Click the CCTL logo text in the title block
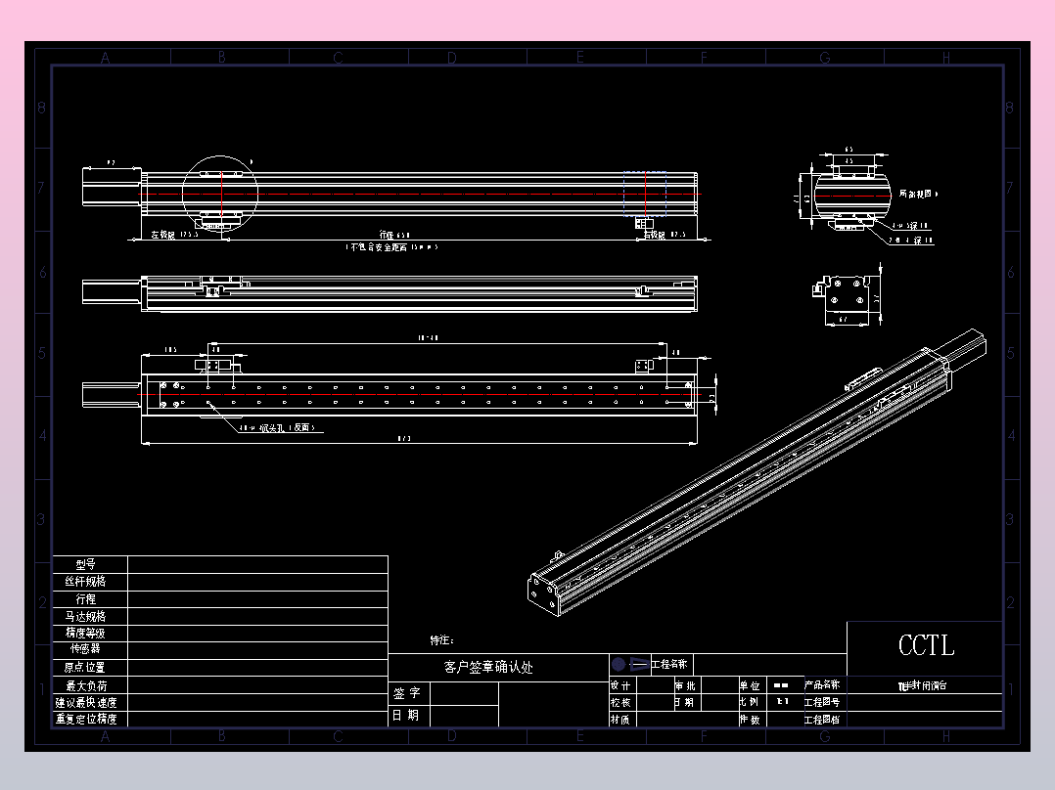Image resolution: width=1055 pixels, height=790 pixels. (926, 645)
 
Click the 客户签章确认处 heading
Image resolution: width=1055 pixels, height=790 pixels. (488, 668)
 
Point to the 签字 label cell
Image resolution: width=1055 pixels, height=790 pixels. (407, 693)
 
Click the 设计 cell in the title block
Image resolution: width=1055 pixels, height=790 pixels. (620, 685)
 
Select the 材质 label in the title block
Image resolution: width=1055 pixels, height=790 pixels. (620, 719)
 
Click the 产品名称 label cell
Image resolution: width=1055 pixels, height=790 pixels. (822, 685)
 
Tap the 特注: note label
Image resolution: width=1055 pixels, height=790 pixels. (442, 640)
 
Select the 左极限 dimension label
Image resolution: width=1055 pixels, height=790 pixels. (162, 236)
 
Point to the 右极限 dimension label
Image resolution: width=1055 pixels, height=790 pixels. (654, 236)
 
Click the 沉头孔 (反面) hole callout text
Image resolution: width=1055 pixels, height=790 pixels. (284, 427)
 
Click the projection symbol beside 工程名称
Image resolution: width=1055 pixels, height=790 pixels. (629, 664)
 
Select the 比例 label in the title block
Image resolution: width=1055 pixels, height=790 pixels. (750, 702)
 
